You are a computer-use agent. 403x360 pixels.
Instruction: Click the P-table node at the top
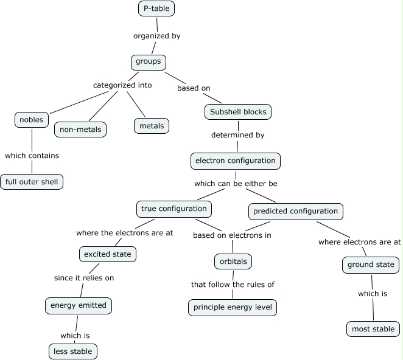coord(156,9)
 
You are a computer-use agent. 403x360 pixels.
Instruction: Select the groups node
coord(148,61)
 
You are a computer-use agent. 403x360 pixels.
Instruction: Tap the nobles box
coord(31,120)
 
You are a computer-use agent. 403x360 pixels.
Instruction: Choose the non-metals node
coord(80,130)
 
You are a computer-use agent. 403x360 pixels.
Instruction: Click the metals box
coord(152,126)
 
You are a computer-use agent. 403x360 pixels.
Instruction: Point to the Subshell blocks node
coord(237,112)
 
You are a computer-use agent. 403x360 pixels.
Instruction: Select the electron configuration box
coord(235,161)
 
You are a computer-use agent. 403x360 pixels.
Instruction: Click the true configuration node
coord(173,209)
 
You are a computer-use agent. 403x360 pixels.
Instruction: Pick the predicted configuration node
coord(295,212)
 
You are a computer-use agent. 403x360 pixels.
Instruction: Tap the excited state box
coord(107,254)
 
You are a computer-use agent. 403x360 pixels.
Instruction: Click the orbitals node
coord(233,261)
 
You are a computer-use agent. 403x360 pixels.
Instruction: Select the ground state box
coord(370,265)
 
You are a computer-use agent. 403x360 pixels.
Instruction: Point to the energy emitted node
coord(78,305)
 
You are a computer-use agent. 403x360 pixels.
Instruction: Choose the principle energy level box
coord(233,307)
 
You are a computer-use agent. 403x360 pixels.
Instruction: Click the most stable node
coord(373,329)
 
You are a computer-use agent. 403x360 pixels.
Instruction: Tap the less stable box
coord(72,351)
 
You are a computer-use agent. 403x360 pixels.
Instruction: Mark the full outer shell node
coord(32,181)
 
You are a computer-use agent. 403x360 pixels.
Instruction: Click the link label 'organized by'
coord(157,36)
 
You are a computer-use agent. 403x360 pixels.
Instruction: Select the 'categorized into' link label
coord(122,85)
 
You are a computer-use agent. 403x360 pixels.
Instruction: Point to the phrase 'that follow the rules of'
coord(233,284)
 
